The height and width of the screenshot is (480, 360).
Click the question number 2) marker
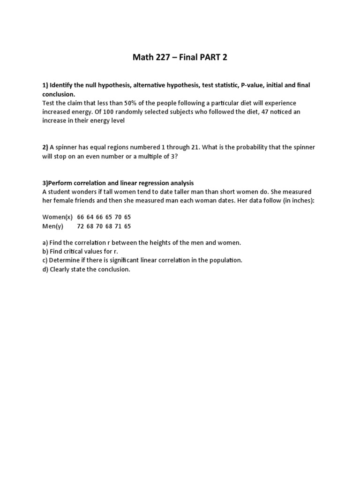point(45,147)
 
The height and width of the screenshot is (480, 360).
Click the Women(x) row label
point(57,217)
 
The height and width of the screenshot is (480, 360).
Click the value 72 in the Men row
point(81,226)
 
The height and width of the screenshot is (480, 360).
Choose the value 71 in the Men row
point(118,226)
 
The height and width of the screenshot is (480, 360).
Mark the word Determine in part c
point(65,260)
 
